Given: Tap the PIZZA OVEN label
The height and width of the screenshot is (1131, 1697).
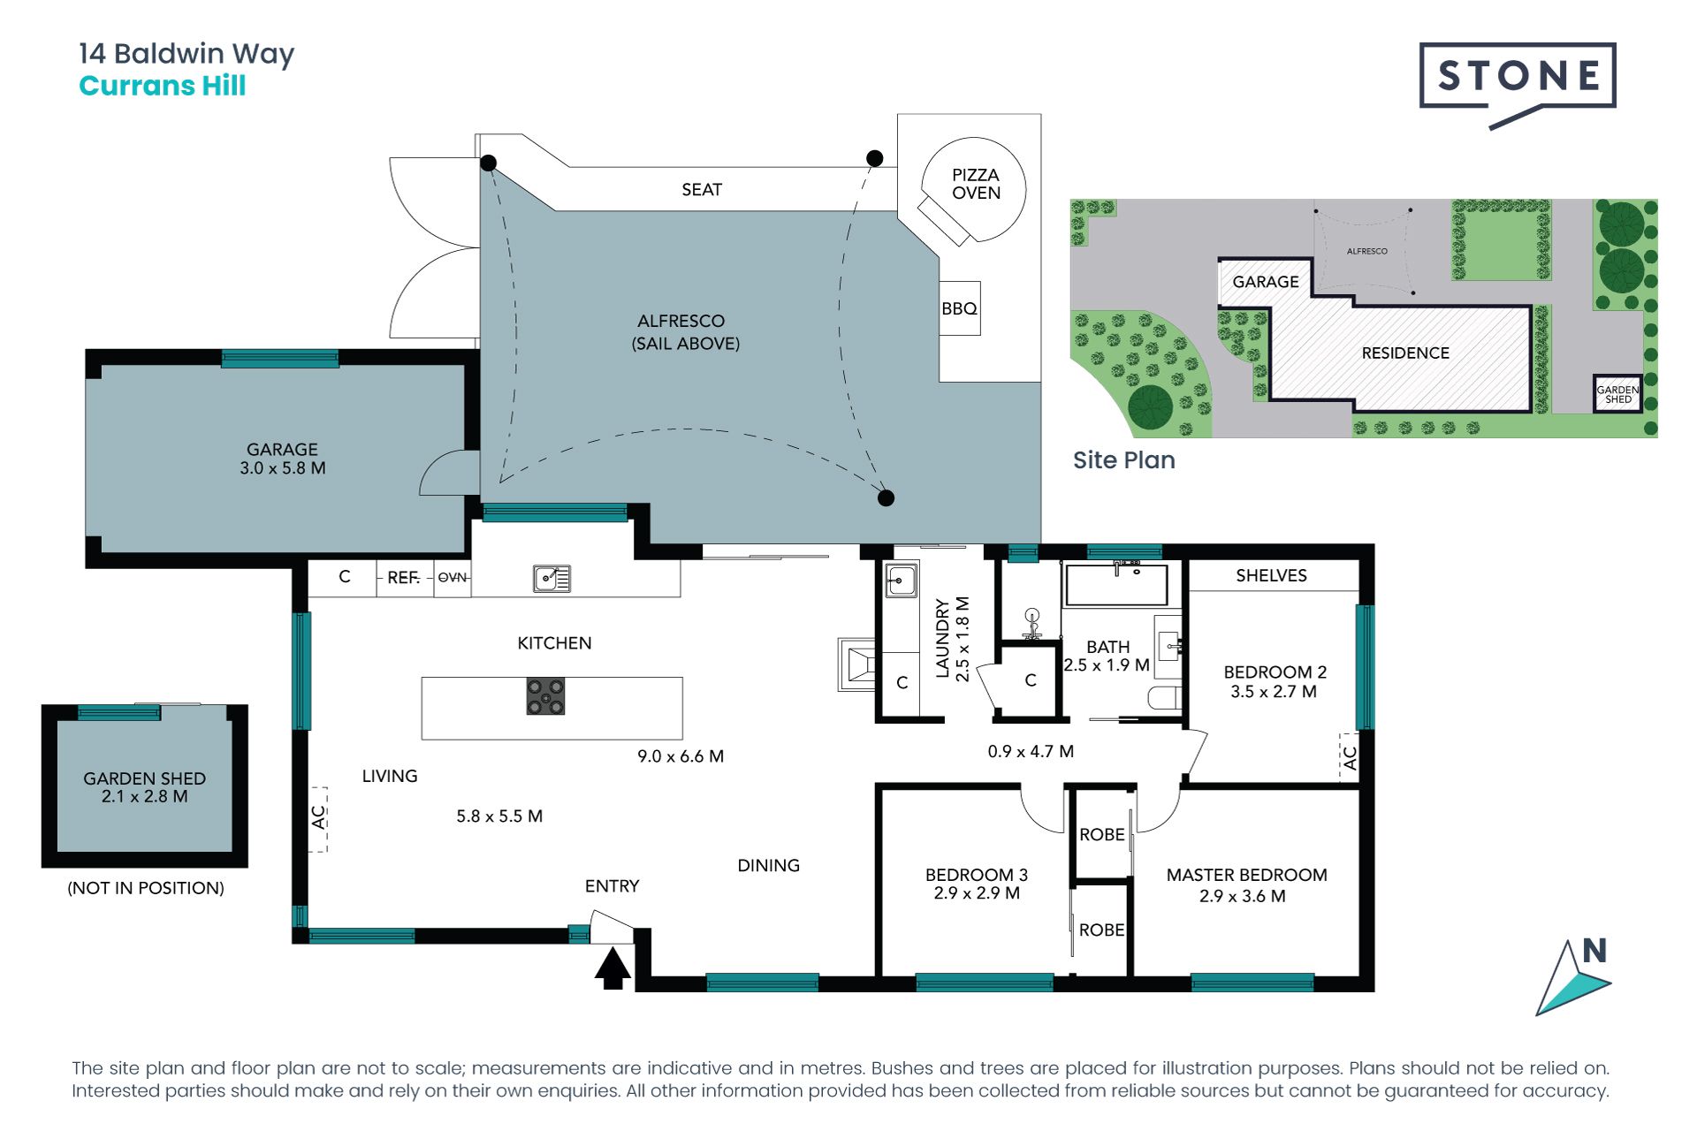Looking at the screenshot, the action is click(x=976, y=184).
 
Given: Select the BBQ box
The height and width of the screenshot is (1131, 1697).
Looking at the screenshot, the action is click(x=959, y=308).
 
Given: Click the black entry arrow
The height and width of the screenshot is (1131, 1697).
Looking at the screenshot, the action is click(x=613, y=968).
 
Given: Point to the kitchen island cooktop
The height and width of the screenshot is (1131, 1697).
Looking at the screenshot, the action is click(x=545, y=696).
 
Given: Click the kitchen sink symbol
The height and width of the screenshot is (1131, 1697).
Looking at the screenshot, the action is click(x=552, y=579).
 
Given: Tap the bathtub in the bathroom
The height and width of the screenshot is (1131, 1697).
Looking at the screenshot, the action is click(x=1116, y=584).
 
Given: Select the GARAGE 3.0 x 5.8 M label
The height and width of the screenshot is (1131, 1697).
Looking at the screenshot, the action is click(x=283, y=459).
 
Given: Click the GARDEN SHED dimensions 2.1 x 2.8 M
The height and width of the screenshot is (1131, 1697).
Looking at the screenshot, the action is click(x=145, y=796).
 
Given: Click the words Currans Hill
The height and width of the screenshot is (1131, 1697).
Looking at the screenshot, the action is click(x=163, y=86).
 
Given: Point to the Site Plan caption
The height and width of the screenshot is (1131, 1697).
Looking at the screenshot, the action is click(x=1124, y=459).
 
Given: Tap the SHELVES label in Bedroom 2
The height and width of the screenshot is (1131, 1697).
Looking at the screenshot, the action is click(x=1271, y=575).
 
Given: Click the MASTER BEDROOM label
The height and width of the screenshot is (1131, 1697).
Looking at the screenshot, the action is click(x=1246, y=875).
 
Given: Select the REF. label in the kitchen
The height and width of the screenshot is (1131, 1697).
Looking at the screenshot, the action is click(x=403, y=577).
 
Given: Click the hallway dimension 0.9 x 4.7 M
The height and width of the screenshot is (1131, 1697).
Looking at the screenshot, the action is click(x=1031, y=751).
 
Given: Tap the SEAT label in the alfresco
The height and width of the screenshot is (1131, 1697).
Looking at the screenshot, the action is click(x=702, y=189).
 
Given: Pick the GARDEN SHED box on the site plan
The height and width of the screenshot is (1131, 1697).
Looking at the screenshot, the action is click(x=1617, y=393).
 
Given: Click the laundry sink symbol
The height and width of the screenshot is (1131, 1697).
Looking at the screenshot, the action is click(x=901, y=581).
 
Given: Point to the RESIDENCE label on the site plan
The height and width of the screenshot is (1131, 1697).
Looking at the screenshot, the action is click(x=1405, y=353).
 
